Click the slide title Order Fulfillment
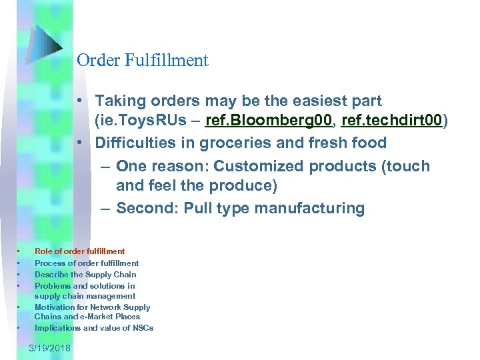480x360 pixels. tap(143, 61)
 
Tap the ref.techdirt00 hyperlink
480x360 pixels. tap(391, 121)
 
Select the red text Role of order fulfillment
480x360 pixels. tap(79, 251)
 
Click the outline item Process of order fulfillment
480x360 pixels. tap(87, 263)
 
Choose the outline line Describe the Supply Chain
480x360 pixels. tap(85, 274)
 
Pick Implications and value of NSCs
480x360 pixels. tap(94, 328)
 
